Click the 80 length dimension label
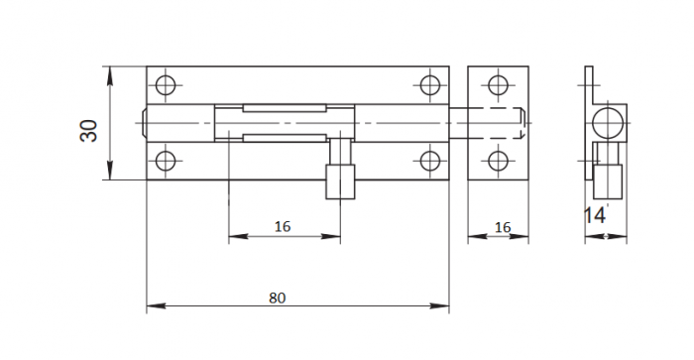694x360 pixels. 277,298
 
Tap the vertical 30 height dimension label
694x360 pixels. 88,131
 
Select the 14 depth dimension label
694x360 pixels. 595,215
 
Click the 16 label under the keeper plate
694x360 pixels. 503,227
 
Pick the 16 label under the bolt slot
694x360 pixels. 283,227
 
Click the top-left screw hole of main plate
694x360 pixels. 166,85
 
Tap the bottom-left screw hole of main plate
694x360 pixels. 166,161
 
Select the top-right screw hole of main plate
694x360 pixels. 429,85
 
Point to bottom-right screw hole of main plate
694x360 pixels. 429,161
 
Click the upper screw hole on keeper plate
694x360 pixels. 498,85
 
